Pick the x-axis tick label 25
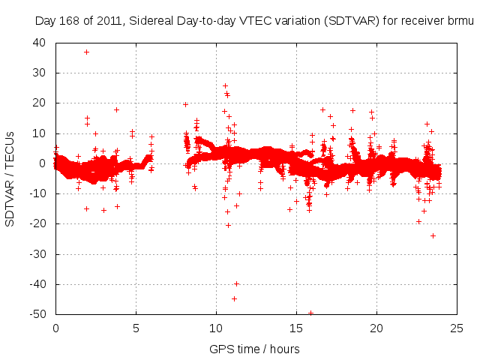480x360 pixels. tap(456, 328)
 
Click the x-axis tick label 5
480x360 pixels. tap(136, 328)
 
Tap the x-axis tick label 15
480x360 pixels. tap(296, 328)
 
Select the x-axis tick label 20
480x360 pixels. tap(376, 328)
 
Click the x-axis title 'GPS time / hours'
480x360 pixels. tap(256, 349)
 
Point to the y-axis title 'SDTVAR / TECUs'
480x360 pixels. tap(11, 178)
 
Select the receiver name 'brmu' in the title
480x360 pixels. tap(460, 20)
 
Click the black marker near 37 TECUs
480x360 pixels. tap(87, 52)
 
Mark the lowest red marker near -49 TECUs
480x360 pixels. tap(310, 313)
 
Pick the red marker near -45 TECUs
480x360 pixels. tap(234, 298)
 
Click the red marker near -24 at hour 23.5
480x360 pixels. tap(433, 235)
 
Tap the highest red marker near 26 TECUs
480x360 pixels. tap(225, 85)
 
